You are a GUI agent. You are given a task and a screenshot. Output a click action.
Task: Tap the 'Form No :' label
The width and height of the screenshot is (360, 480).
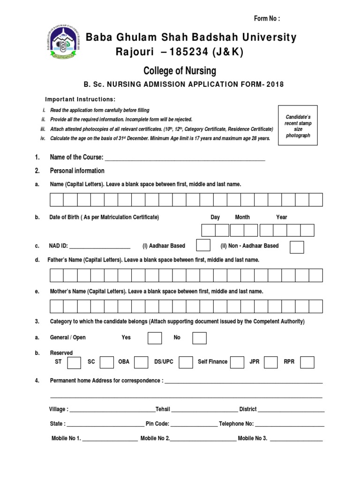(x=267, y=18)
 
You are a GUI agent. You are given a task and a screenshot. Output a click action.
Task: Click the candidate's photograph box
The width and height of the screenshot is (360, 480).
(x=298, y=125)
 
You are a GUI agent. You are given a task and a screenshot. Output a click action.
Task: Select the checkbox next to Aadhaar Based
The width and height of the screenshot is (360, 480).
(x=203, y=246)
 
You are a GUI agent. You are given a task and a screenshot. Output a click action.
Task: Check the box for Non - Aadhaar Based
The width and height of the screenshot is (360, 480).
(x=297, y=247)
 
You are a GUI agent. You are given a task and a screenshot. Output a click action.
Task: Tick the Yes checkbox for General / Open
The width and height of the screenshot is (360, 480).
(x=155, y=338)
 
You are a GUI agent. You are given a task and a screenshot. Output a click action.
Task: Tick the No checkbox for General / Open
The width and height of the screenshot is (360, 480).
(x=199, y=338)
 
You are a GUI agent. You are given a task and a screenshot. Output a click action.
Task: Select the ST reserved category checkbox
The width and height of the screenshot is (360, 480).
(x=74, y=362)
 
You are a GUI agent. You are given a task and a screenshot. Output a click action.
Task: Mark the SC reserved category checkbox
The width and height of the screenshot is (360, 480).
(x=107, y=362)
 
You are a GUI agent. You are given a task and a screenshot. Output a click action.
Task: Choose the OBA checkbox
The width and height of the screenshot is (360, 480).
(x=141, y=362)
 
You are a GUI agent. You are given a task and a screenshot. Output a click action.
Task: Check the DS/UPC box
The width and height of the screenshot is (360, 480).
(x=186, y=362)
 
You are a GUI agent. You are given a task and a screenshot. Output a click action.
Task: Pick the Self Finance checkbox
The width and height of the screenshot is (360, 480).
(x=237, y=362)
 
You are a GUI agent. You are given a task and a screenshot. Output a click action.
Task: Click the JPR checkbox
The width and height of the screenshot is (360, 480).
(x=271, y=362)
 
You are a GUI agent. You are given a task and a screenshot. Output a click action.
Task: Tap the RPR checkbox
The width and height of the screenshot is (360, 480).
(x=307, y=362)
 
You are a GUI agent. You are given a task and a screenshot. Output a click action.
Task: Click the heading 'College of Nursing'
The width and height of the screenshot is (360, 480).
(x=180, y=71)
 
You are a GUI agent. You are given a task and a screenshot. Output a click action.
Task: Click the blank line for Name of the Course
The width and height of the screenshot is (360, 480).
(x=185, y=158)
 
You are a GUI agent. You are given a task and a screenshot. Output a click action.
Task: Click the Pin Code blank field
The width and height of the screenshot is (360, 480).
(x=194, y=425)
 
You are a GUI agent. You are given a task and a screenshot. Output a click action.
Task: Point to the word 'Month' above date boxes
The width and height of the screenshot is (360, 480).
(x=242, y=217)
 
